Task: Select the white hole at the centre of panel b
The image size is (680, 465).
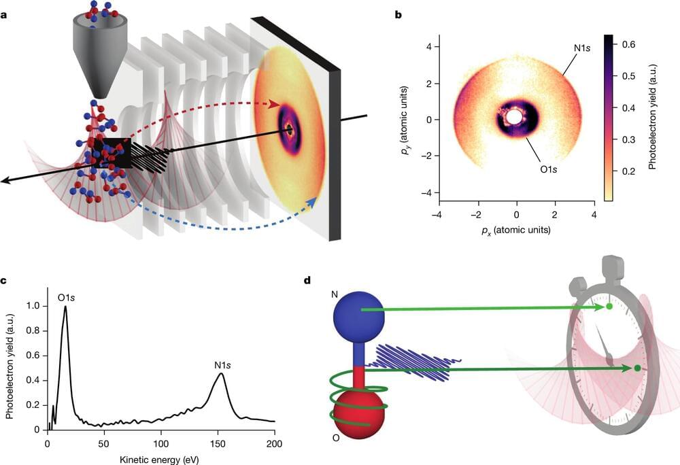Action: tap(515, 118)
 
